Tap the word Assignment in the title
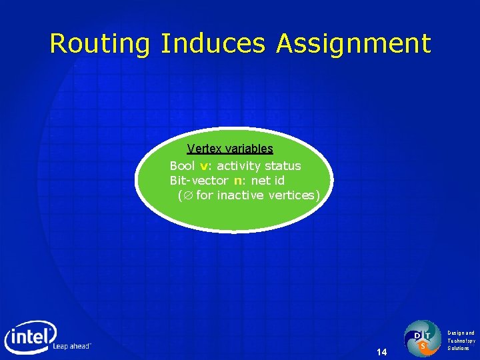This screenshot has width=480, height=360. click(x=353, y=44)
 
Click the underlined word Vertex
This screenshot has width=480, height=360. click(x=203, y=149)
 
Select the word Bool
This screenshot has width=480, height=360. click(x=182, y=166)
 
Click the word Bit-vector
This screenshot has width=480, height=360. click(x=199, y=181)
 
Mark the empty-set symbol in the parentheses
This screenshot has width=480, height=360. click(x=187, y=195)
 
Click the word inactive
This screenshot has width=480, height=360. click(x=246, y=195)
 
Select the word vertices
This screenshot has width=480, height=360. click(x=293, y=195)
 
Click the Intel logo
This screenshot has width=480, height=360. click(x=31, y=337)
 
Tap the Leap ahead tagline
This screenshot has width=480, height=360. click(x=71, y=347)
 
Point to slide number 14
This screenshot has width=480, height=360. click(x=381, y=351)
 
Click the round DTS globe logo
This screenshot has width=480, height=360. click(x=423, y=338)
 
